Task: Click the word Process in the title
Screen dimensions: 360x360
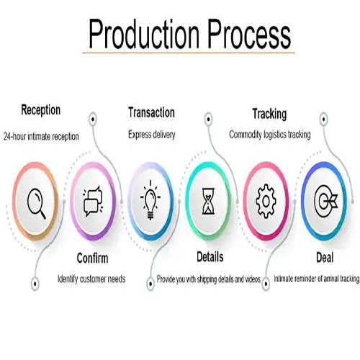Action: [x=249, y=34]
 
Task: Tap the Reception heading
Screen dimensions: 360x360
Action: [x=40, y=110]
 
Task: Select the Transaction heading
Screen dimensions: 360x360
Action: [x=151, y=112]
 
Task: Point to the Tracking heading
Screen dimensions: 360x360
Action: [x=269, y=114]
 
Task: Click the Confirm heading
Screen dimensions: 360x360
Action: [x=92, y=258]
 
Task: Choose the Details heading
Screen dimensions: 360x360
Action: [x=210, y=257]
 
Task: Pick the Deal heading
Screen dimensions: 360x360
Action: [x=325, y=258]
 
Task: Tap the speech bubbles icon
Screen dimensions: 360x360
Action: [x=93, y=201]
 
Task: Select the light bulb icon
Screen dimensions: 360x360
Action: [x=150, y=200]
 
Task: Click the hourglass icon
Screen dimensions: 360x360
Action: [x=209, y=201]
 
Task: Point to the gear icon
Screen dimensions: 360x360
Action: [x=266, y=202]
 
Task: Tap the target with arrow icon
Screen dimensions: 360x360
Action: [x=325, y=201]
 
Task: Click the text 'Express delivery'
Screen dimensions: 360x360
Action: [x=152, y=135]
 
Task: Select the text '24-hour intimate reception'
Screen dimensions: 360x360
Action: [x=41, y=137]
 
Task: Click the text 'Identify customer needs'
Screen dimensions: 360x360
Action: [x=91, y=279]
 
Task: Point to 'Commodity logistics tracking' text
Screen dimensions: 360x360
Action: [x=270, y=135]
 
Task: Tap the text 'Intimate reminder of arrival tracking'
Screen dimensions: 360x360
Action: [x=317, y=279]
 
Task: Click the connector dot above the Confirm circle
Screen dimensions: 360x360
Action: [x=93, y=119]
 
